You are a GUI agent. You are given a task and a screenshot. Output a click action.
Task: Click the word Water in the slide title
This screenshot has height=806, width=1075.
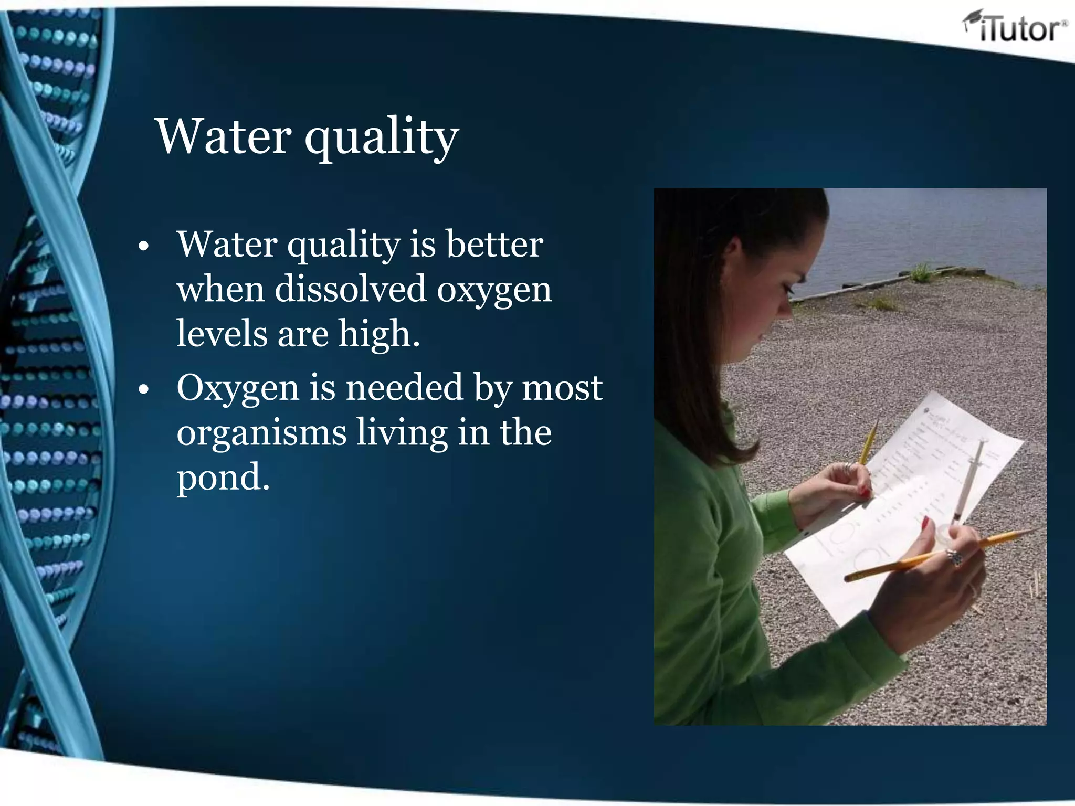coord(223,136)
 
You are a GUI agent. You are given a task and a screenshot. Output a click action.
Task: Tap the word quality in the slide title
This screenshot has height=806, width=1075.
coord(382,137)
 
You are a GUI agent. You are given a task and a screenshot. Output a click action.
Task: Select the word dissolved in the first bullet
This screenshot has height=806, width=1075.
coord(350,289)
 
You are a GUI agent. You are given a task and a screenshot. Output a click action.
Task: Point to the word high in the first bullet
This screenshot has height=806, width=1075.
coord(378,334)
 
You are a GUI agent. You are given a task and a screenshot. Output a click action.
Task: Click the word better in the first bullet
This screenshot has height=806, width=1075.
coord(494,245)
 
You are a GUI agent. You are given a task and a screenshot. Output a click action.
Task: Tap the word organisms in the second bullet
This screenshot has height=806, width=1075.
coord(261,433)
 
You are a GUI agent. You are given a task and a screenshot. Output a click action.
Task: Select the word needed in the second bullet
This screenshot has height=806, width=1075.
coord(404,388)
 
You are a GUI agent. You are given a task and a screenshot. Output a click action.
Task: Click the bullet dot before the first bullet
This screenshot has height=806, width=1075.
coord(143,247)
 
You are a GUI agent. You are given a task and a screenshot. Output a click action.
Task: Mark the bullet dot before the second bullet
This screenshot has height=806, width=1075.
coord(143,390)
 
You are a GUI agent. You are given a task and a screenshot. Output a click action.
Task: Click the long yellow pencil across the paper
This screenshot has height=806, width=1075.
coord(934,555)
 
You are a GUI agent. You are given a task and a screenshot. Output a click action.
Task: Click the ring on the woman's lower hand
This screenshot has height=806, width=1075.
coord(954,556)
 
